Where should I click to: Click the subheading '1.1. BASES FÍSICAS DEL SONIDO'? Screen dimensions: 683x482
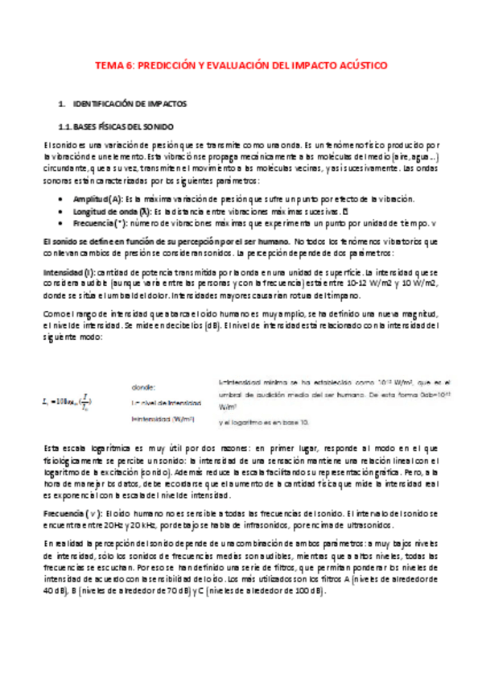tap(122, 126)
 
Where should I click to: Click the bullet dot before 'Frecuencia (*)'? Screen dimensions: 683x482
tap(64, 222)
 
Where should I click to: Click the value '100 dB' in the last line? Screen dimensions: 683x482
tap(310, 591)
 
